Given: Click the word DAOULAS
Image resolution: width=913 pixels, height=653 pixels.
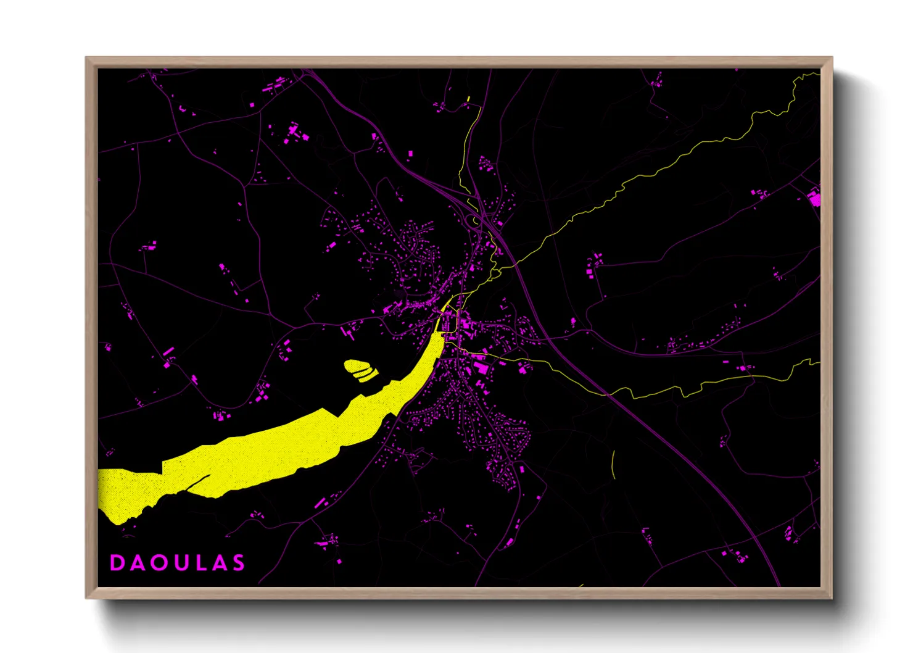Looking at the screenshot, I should click(178, 562).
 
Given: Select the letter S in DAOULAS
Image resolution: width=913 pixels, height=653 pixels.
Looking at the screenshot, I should click(238, 562).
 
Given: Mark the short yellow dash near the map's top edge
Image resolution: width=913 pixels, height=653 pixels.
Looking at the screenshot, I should click(469, 98).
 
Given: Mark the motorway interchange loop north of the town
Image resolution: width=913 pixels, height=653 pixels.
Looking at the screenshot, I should click(478, 219).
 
